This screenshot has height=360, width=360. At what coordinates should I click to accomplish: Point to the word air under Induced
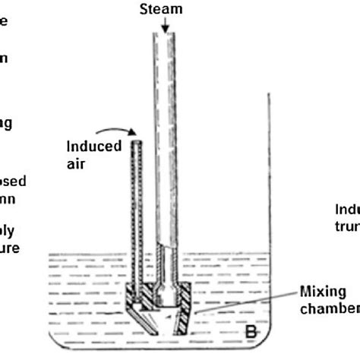tap(77, 160)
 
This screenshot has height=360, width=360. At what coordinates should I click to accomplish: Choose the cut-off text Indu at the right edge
tap(347, 210)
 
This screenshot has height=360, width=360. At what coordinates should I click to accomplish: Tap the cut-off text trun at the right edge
tap(347, 225)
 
